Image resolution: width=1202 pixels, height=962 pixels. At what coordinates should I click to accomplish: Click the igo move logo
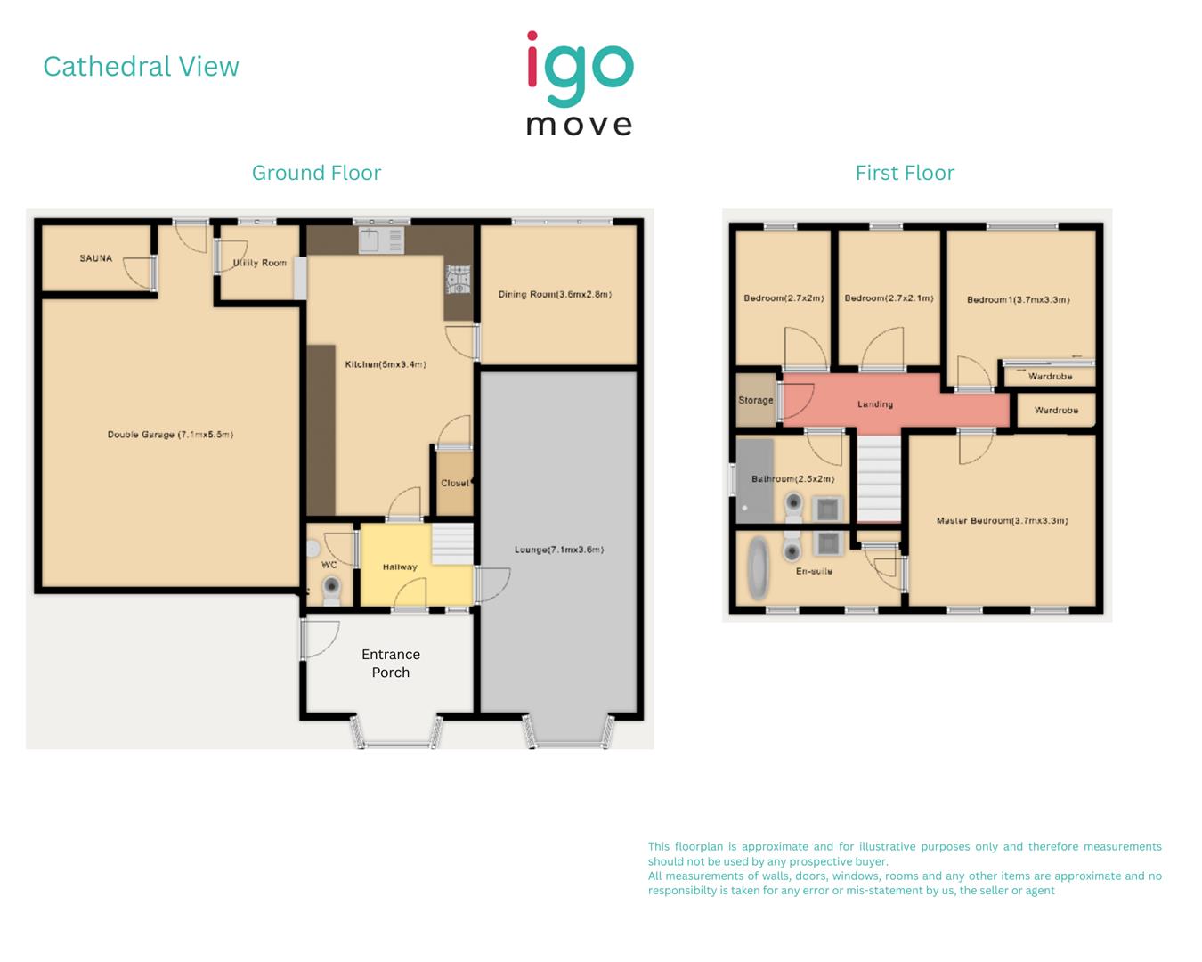click(580, 84)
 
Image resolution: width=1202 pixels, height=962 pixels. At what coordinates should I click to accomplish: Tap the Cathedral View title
click(141, 67)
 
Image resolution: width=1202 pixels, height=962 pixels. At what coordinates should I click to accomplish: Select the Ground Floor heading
click(316, 173)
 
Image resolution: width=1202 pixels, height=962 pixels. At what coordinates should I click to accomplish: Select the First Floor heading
click(905, 173)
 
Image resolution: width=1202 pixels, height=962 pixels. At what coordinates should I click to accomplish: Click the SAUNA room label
click(96, 258)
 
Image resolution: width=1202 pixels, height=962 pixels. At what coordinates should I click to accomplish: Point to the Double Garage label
click(170, 435)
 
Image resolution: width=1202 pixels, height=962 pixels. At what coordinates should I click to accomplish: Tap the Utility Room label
click(260, 263)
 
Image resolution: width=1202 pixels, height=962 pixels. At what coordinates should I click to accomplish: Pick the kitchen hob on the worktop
click(458, 280)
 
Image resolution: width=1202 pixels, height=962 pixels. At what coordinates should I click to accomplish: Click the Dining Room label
click(555, 294)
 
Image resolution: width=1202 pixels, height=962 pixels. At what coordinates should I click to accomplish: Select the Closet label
click(455, 483)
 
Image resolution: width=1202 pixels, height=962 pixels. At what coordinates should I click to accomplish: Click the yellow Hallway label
click(400, 567)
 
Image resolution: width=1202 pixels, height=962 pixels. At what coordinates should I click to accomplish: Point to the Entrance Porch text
click(391, 664)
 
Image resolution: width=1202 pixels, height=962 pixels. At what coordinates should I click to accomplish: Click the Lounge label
click(559, 550)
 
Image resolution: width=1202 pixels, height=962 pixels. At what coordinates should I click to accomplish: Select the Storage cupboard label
click(756, 400)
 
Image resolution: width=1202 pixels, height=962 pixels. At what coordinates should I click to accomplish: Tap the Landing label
click(875, 404)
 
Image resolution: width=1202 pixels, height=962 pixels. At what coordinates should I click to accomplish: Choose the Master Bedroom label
click(1002, 520)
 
